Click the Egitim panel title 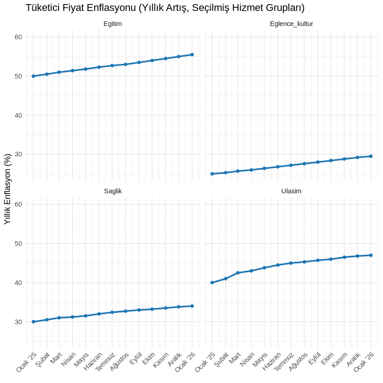[x=113, y=24]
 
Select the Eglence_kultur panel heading [x=291, y=24]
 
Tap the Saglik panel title [x=113, y=191]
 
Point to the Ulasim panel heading [x=291, y=191]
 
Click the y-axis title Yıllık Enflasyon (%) [x=7, y=189]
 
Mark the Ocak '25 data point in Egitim [x=33, y=76]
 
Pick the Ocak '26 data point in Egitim [x=192, y=55]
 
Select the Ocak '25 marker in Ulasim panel [x=212, y=283]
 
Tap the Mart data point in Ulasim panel [x=238, y=273]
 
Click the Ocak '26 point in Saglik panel [x=192, y=306]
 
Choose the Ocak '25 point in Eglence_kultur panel [x=212, y=174]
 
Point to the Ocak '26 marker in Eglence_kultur [x=371, y=156]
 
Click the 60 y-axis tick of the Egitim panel [x=19, y=37]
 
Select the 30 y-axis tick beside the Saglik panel [x=19, y=322]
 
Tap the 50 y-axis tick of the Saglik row [x=19, y=243]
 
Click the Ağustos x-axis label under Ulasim [x=298, y=363]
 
